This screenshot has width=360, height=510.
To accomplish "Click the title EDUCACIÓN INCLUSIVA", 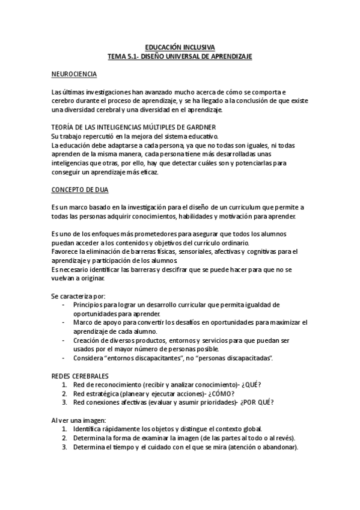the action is click(x=180, y=48).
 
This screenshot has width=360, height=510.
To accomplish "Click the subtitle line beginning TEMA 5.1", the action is click(x=180, y=56).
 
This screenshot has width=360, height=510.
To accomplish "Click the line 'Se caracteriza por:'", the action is click(x=78, y=296).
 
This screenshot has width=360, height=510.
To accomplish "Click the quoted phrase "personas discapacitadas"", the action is click(x=238, y=358).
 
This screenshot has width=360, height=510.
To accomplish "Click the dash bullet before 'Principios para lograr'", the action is click(x=64, y=306).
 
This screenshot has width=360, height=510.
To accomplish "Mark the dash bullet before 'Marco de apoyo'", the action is click(x=64, y=323).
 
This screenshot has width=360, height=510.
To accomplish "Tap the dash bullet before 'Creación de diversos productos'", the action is click(x=64, y=340).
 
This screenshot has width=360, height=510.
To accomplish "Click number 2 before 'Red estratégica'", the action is click(x=64, y=393).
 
